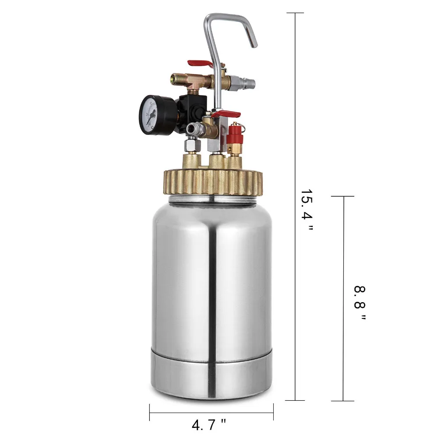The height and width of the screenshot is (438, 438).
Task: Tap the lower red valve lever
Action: pos(226,114)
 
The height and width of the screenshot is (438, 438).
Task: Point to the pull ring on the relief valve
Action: pos(242,127)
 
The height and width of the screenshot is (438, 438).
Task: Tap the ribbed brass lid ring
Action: pos(213,182)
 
